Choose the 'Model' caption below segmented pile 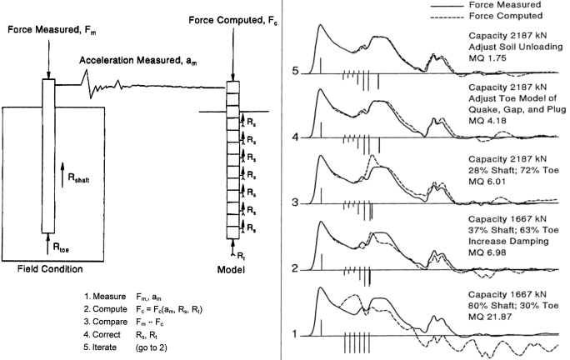click(233, 269)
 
